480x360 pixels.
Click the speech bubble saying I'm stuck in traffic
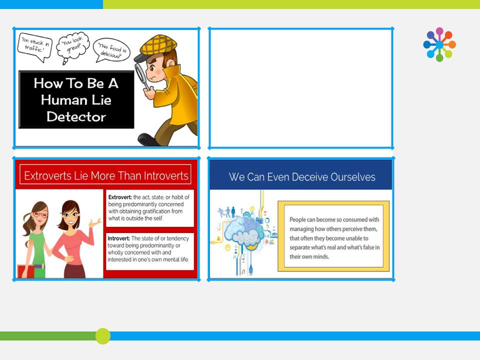(x=35, y=46)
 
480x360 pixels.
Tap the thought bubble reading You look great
(x=73, y=46)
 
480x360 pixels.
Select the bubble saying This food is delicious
(x=111, y=50)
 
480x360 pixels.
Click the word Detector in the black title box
(x=76, y=116)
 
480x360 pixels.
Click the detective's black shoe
(x=149, y=139)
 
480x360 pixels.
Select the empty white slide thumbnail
(x=301, y=88)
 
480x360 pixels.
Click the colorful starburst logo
(x=439, y=44)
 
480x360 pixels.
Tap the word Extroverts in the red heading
(x=48, y=175)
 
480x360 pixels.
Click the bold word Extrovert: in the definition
(x=120, y=197)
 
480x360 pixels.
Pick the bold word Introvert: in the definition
(x=119, y=238)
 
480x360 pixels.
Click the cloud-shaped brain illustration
(x=244, y=231)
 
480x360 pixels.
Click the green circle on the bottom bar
(x=103, y=336)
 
